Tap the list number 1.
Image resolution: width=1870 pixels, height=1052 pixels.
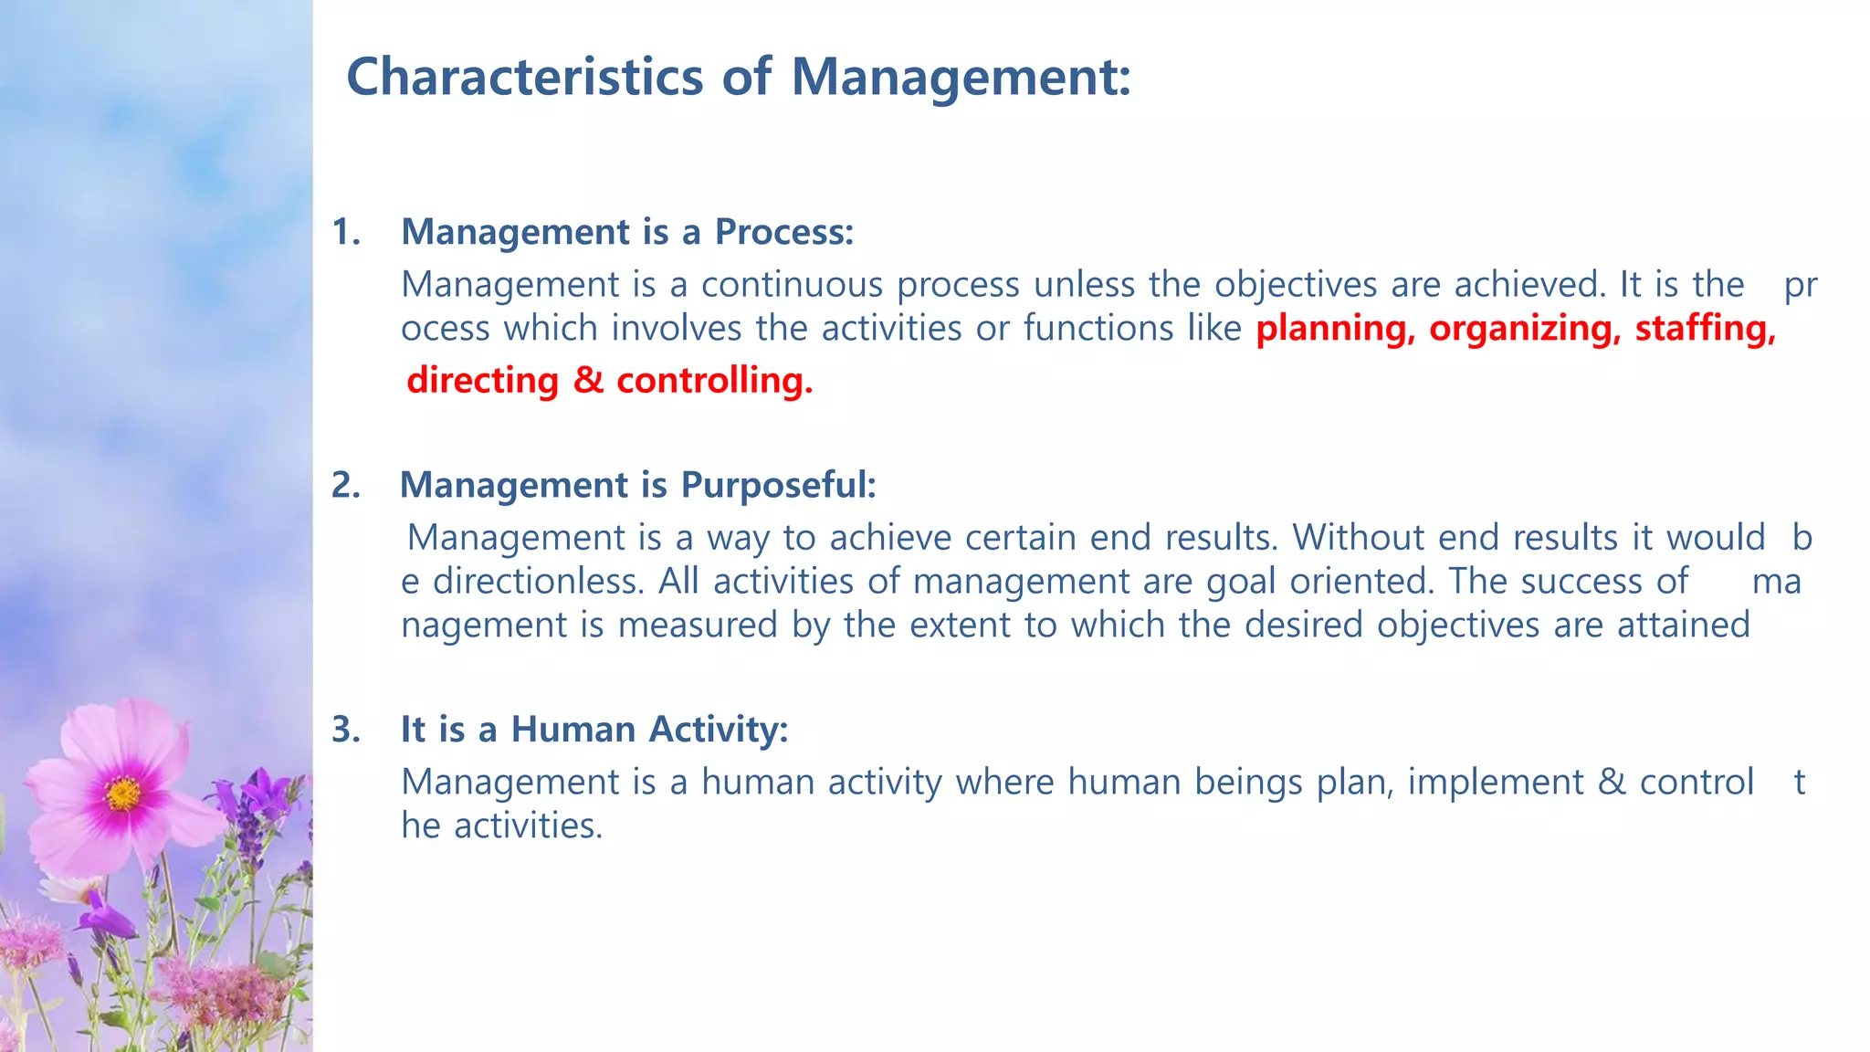[x=344, y=233]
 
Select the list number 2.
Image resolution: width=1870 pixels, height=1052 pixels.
[x=344, y=485]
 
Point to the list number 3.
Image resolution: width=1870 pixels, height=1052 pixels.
[x=344, y=730]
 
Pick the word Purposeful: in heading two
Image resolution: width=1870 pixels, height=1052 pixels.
[x=778, y=485]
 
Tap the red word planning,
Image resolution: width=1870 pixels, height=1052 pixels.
[x=1335, y=329]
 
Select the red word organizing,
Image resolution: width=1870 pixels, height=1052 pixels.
[x=1525, y=329]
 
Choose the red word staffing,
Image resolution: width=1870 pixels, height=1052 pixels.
[x=1705, y=329]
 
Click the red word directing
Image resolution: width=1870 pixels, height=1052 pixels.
[x=482, y=381]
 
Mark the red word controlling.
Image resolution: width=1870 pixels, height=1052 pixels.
[x=714, y=381]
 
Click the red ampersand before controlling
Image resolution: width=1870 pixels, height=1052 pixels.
[x=588, y=381]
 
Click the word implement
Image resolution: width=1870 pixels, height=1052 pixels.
[x=1495, y=783]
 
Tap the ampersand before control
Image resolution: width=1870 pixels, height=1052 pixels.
[x=1612, y=783]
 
